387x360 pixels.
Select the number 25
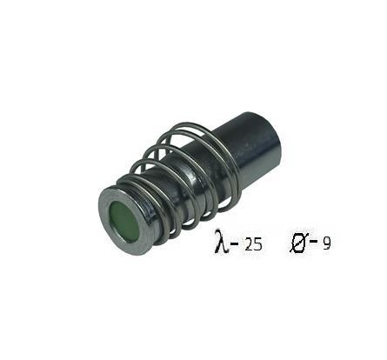(253, 245)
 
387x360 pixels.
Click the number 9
(326, 245)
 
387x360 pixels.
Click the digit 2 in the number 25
(249, 245)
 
